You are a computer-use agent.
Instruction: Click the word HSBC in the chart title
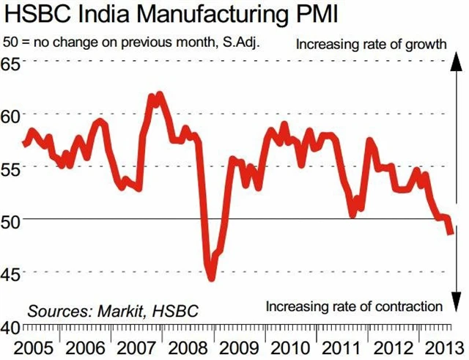[x=34, y=14]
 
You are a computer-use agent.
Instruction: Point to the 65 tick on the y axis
[x=12, y=62]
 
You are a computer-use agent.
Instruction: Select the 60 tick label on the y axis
[x=12, y=115]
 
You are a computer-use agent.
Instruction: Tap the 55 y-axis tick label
[x=12, y=167]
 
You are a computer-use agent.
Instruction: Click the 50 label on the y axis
[x=12, y=219]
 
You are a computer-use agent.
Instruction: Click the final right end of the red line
[x=450, y=232]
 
